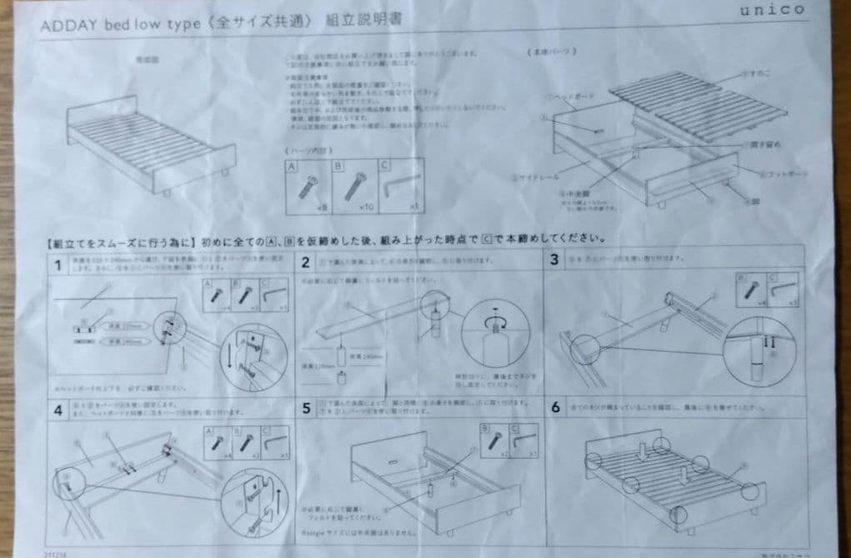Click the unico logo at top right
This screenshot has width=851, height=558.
click(772, 9)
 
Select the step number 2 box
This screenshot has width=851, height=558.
click(306, 262)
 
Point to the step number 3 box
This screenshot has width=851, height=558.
click(553, 259)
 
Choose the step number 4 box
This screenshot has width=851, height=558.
click(58, 410)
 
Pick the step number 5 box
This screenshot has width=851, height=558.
click(307, 409)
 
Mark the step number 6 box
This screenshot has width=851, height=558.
click(555, 407)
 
